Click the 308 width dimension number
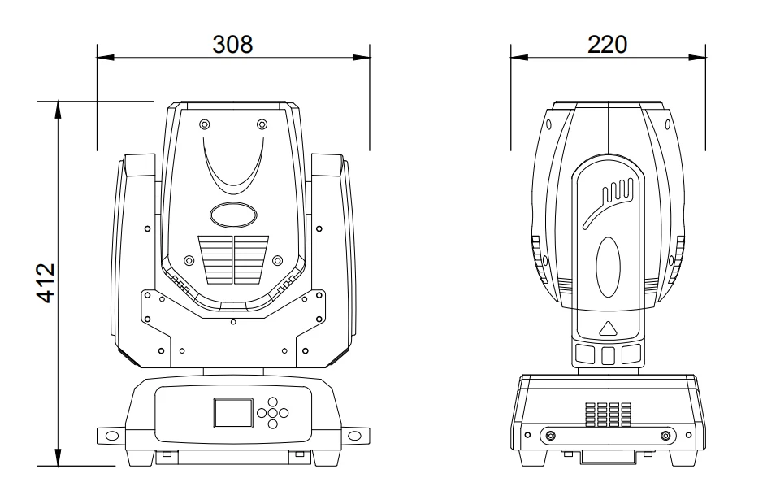[x=232, y=44]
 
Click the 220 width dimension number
[x=608, y=44]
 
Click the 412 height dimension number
[x=46, y=283]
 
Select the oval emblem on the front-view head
[x=232, y=215]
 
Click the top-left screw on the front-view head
[x=203, y=124]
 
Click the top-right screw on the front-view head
[x=262, y=124]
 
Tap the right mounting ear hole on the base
[x=354, y=437]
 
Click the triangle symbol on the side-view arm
[x=608, y=329]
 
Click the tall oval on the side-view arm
[x=608, y=268]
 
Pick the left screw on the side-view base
[x=549, y=436]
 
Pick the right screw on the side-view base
[x=666, y=436]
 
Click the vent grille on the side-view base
[x=608, y=414]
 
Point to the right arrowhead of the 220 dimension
[x=700, y=57]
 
